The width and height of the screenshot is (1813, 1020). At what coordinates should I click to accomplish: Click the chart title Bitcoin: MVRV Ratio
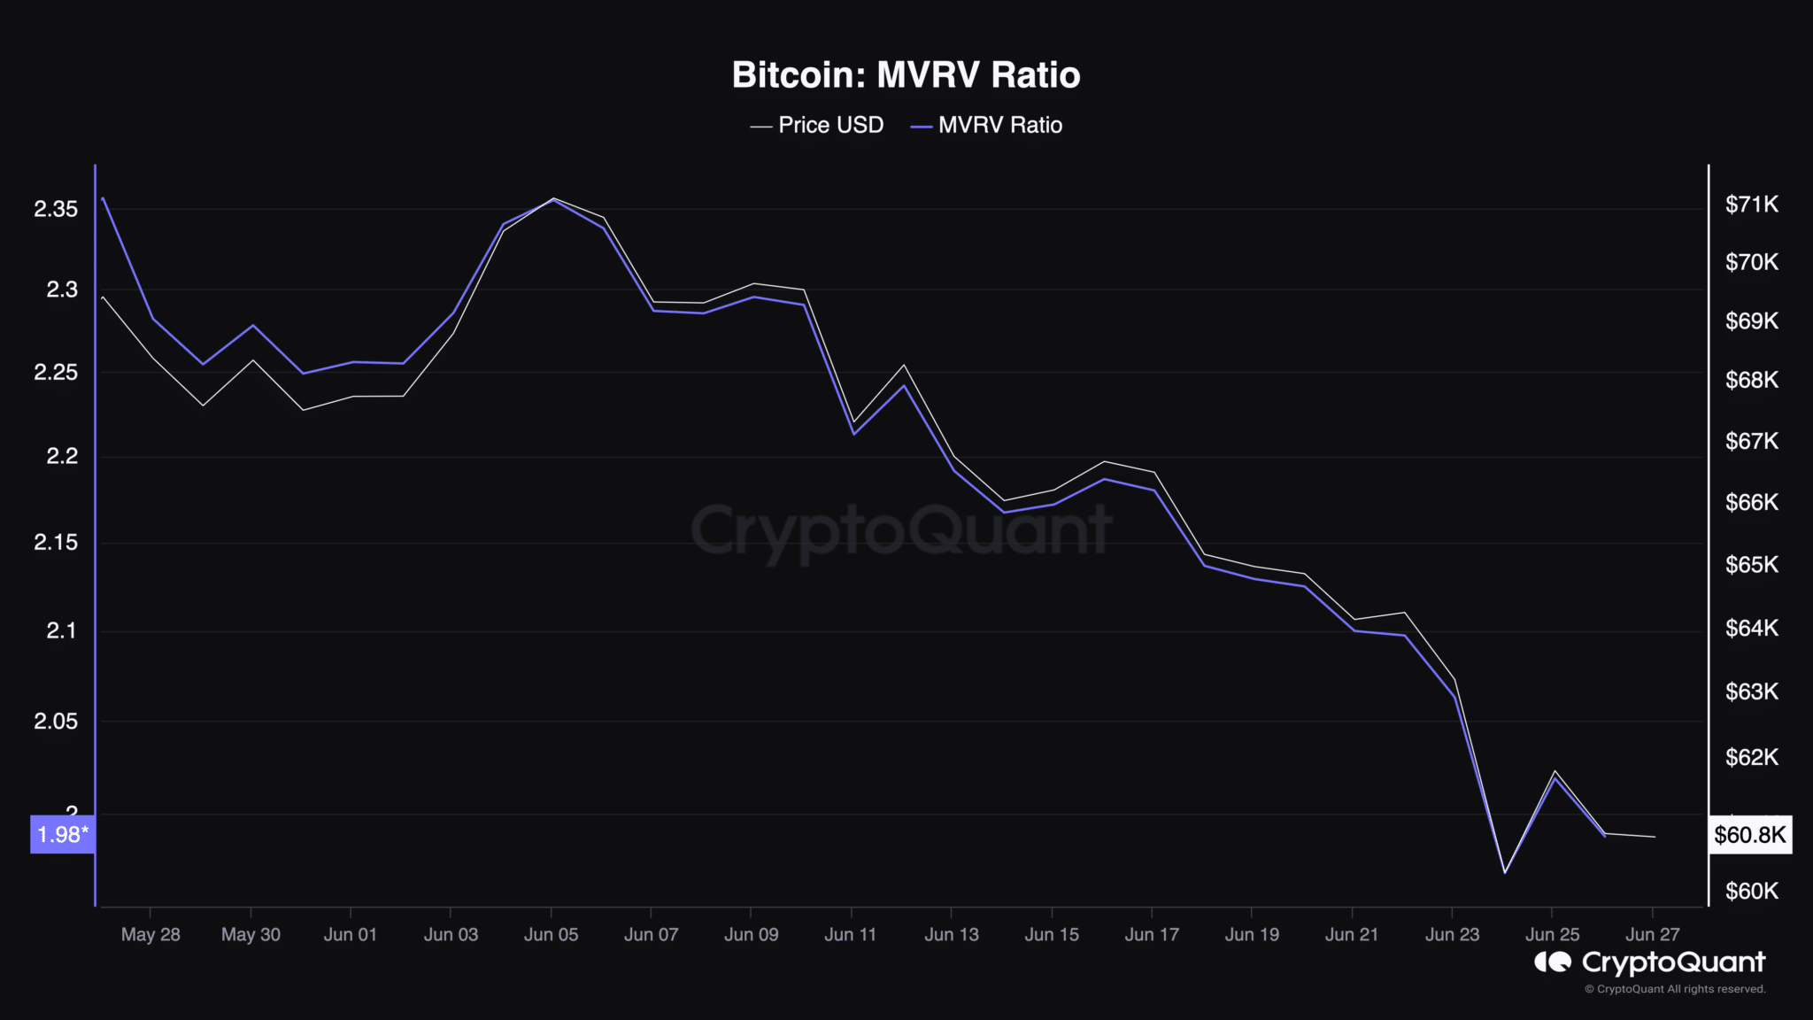pyautogui.click(x=906, y=75)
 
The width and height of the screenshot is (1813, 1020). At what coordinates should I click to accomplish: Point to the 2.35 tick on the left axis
pyautogui.click(x=56, y=209)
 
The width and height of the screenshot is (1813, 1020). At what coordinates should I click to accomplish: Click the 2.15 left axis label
pyautogui.click(x=56, y=542)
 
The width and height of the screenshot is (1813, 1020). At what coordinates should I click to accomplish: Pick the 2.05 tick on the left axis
pyautogui.click(x=56, y=722)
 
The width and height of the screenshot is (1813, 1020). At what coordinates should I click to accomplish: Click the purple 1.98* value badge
pyautogui.click(x=62, y=834)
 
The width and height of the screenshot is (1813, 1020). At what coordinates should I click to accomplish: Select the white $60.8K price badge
pyautogui.click(x=1749, y=835)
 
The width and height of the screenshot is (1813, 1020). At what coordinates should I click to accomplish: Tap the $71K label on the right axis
pyautogui.click(x=1751, y=205)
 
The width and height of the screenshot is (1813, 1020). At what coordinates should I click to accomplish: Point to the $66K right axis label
pyautogui.click(x=1751, y=503)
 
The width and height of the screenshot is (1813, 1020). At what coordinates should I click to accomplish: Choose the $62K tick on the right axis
pyautogui.click(x=1751, y=757)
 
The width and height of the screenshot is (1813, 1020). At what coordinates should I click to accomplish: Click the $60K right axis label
pyautogui.click(x=1751, y=891)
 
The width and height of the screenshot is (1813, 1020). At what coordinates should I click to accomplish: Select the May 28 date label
pyautogui.click(x=150, y=935)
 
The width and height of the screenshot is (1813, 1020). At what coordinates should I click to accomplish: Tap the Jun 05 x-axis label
pyautogui.click(x=551, y=935)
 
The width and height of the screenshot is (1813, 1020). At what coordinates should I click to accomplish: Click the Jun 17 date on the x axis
pyautogui.click(x=1152, y=935)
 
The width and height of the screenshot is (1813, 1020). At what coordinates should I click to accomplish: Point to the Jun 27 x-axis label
pyautogui.click(x=1652, y=935)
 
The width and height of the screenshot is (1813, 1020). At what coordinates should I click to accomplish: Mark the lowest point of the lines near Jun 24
pyautogui.click(x=1505, y=873)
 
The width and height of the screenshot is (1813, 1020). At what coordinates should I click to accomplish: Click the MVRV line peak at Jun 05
pyautogui.click(x=553, y=200)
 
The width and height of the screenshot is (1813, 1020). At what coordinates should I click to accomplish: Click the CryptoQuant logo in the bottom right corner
pyautogui.click(x=1650, y=962)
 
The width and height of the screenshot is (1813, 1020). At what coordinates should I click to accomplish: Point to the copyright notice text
pyautogui.click(x=1675, y=989)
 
